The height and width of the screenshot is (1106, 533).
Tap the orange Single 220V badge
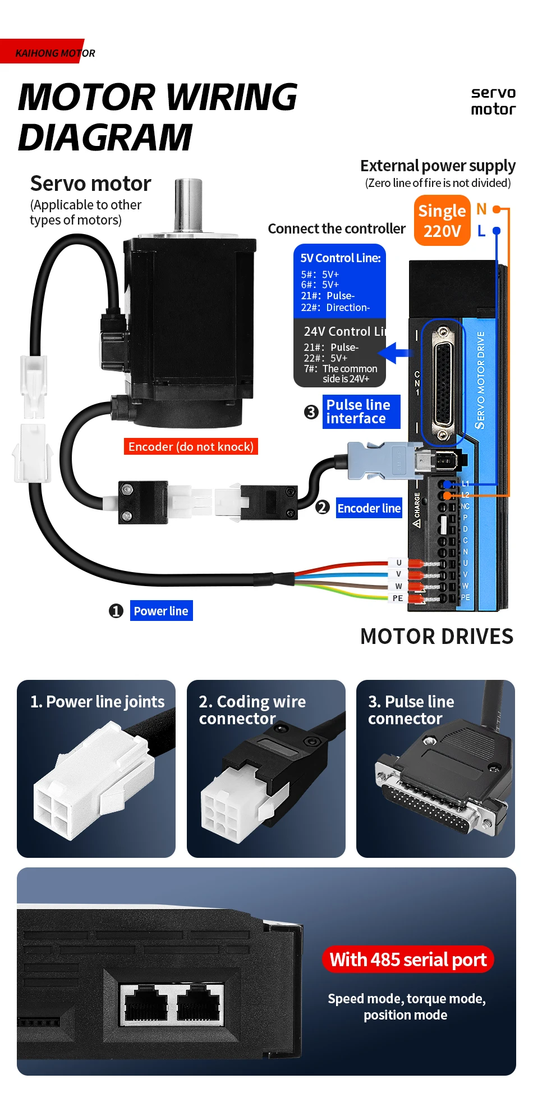click(442, 220)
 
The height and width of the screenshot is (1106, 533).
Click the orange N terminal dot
click(496, 209)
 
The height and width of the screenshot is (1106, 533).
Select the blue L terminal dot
click(496, 230)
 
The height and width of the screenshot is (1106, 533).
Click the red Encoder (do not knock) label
click(191, 446)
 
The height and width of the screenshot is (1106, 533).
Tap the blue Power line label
click(161, 611)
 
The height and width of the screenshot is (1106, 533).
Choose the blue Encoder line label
click(369, 508)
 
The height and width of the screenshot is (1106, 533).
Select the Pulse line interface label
click(361, 412)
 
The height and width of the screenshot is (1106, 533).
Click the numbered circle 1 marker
click(116, 611)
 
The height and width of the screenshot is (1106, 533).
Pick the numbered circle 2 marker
click(322, 508)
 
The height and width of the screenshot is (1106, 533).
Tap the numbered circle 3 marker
click(311, 412)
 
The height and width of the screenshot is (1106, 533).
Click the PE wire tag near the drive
click(398, 598)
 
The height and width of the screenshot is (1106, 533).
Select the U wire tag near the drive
click(398, 563)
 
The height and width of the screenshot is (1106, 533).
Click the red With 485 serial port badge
click(408, 959)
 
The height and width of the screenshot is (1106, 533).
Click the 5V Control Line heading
click(340, 258)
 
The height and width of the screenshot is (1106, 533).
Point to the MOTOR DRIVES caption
click(436, 637)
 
